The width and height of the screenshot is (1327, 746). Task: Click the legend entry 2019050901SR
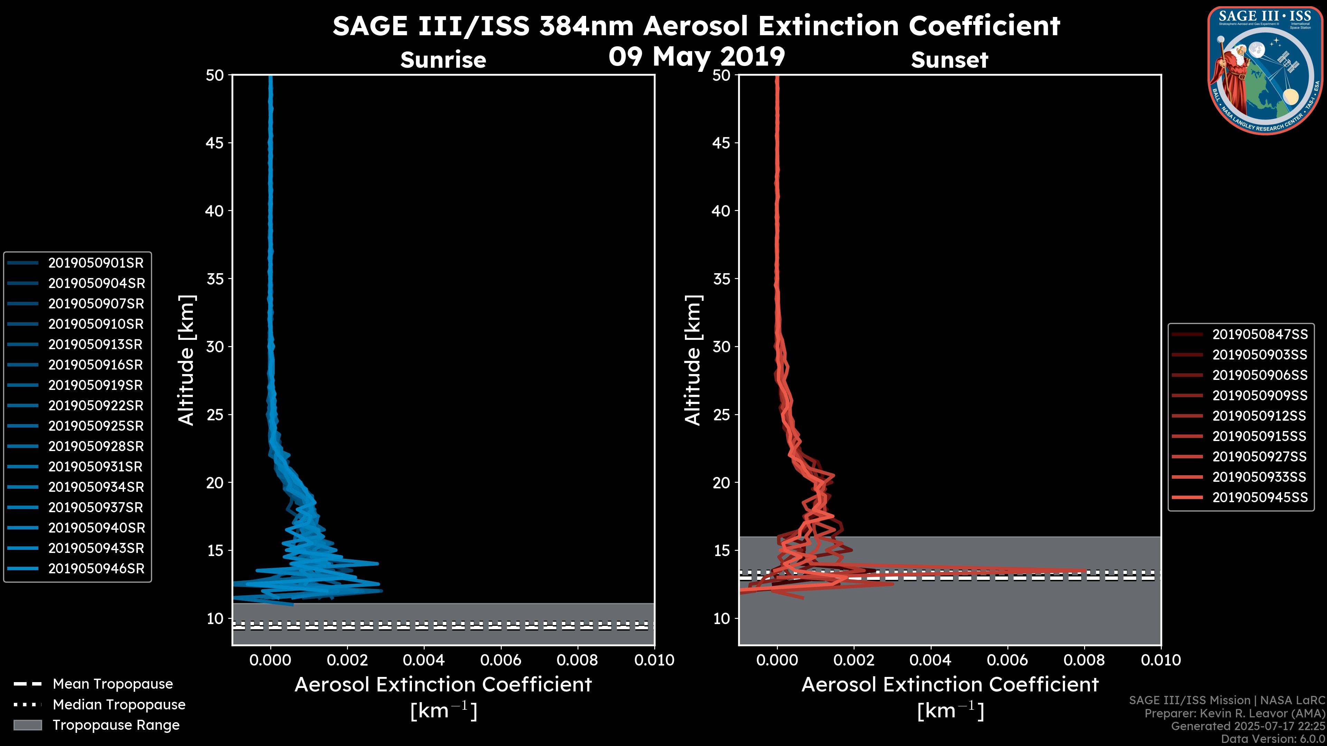coord(96,263)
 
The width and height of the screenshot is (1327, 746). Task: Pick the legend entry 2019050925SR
coord(96,426)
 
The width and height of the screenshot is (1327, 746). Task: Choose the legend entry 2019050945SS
coord(1260,497)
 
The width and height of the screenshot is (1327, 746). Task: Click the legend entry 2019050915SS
coord(1260,437)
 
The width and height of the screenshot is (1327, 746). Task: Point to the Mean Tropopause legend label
coord(113,684)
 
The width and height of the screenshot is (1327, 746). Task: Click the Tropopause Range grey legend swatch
coord(27,725)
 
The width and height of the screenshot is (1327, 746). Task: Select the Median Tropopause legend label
coord(119,705)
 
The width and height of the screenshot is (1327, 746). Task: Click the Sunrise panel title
coord(443,60)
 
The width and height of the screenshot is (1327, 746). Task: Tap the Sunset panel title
coord(949,60)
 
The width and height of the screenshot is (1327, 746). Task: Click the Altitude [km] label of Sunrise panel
coord(187,360)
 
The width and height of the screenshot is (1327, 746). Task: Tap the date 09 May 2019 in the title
coord(696,57)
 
